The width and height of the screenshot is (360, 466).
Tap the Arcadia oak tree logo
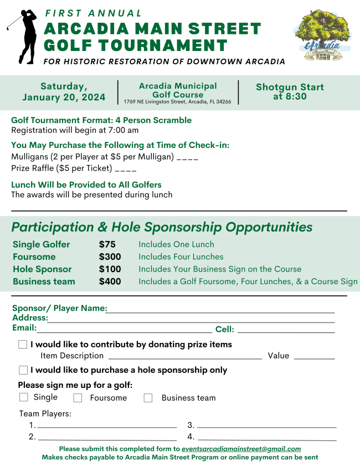pos(322,36)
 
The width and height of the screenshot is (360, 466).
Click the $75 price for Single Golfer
pos(107,244)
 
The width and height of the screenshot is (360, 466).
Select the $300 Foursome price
pos(110,257)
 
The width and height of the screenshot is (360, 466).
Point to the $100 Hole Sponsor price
pos(110,269)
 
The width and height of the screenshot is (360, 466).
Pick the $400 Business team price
pos(110,281)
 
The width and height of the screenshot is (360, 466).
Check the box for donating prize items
pos(23,345)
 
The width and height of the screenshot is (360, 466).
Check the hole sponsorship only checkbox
pos(23,370)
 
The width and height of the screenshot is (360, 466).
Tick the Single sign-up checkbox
pos(23,397)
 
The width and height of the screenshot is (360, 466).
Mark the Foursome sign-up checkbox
pos(78,398)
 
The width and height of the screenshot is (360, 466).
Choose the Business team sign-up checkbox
pos(148,398)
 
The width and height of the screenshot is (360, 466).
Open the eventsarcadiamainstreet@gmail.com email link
pos(241,449)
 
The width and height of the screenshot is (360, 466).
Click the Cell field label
pos(224,330)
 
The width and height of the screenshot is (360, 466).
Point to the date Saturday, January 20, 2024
pos(64,92)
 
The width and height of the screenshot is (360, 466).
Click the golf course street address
pos(178,101)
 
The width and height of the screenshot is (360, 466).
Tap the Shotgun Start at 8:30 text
pos(290,92)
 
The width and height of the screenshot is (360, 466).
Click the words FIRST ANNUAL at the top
pos(94,13)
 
